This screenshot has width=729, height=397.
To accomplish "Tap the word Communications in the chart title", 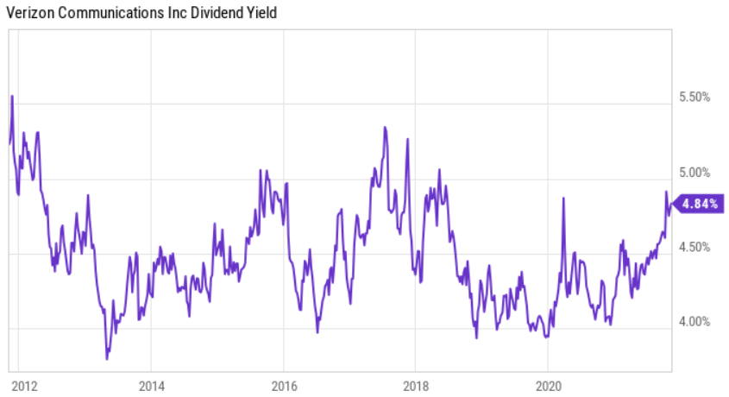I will tap(107, 12).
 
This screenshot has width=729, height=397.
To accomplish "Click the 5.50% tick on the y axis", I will tap(694, 98).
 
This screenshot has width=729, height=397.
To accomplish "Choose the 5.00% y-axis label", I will tap(694, 173).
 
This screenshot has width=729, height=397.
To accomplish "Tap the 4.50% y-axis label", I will tap(694, 247).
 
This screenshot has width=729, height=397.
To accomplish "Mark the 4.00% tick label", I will tap(694, 322).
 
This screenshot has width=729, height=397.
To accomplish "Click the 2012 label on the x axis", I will tap(24, 384).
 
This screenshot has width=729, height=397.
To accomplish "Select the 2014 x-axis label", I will tap(150, 384).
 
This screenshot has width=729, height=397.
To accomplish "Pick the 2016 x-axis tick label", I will tap(284, 384).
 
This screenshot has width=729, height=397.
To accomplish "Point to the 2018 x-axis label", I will tap(417, 384).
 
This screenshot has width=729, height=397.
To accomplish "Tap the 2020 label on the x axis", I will tap(549, 384).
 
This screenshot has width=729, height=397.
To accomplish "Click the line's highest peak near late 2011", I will tap(12, 96).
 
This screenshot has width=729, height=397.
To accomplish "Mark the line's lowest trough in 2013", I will tap(107, 358).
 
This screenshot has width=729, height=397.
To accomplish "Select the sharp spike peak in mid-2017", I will tap(385, 128).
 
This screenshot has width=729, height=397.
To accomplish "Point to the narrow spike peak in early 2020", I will tap(563, 198).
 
